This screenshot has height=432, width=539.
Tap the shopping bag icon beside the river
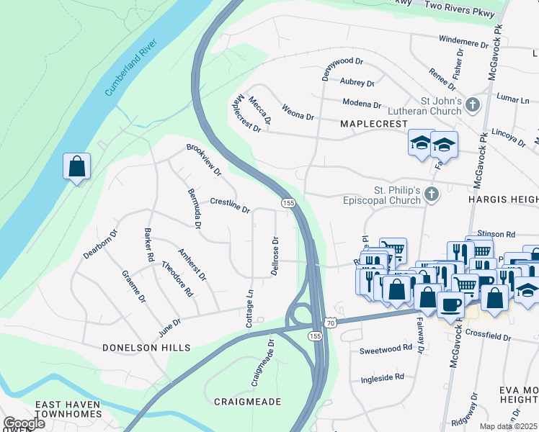(76, 167)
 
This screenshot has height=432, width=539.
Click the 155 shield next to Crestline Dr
(288, 204)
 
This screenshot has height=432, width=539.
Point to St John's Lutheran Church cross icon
(472, 105)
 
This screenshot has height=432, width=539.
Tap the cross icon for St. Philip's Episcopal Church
(431, 194)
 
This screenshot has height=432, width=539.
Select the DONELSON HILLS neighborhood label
(146, 347)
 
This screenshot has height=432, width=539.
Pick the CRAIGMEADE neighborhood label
(247, 401)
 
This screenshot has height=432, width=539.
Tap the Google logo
(23, 423)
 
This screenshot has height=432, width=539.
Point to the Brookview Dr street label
(204, 160)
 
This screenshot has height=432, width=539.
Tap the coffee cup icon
(450, 303)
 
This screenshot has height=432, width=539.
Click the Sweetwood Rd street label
(386, 349)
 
